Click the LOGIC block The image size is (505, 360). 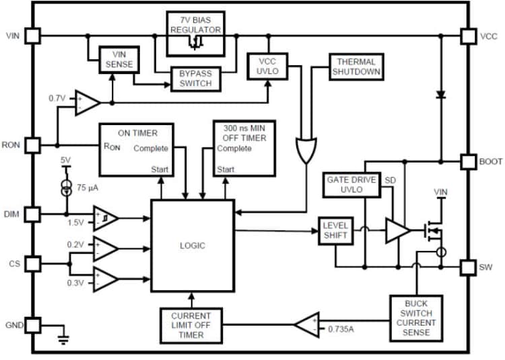point(192,246)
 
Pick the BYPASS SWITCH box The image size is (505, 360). point(195,78)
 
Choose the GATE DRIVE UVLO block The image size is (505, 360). point(352,185)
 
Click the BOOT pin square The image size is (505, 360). point(468,161)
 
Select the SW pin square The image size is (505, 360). point(468,268)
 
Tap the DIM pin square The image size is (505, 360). point(32,215)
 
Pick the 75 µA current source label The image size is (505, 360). point(86,188)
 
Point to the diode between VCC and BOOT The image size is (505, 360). point(441,95)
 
